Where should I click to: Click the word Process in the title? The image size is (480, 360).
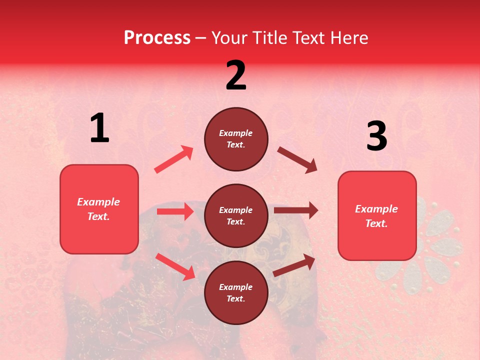click(x=157, y=38)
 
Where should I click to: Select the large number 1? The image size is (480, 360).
click(x=99, y=128)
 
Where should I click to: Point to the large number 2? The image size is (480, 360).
click(x=236, y=75)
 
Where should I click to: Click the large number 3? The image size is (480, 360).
click(x=376, y=136)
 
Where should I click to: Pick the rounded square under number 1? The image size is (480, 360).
click(x=99, y=209)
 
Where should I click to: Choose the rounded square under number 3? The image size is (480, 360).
click(x=377, y=216)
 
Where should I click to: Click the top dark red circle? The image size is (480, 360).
click(x=236, y=139)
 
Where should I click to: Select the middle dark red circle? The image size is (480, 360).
click(x=236, y=216)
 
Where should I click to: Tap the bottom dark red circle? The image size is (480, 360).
click(x=236, y=293)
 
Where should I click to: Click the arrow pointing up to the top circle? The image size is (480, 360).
click(x=174, y=159)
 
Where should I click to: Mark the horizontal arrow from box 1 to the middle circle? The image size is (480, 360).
click(x=175, y=211)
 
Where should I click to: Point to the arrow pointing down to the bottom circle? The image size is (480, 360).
click(x=175, y=266)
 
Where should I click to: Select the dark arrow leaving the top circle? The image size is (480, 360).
click(x=297, y=160)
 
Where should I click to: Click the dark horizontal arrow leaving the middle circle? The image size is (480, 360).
click(x=295, y=210)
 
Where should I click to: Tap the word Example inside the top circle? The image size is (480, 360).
click(x=236, y=133)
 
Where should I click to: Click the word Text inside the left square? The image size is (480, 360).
click(x=98, y=216)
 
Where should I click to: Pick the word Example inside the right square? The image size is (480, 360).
click(x=376, y=209)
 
